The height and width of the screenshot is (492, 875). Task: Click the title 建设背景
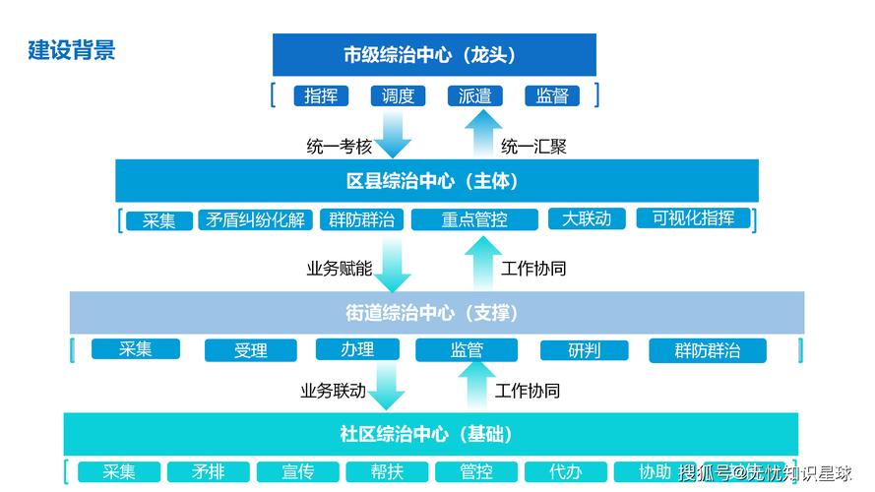pos(72,50)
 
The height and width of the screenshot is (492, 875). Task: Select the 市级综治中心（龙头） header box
pos(434,55)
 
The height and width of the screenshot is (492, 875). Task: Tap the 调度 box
pos(398,95)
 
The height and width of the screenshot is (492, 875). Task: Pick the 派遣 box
pos(475,95)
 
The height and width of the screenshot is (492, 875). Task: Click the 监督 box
pos(551,95)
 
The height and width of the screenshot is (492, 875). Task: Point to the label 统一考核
pos(340,147)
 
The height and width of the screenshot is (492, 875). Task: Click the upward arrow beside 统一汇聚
pos(482,134)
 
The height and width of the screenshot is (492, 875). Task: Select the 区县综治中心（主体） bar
pos(436,181)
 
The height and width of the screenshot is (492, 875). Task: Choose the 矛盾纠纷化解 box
pos(254,219)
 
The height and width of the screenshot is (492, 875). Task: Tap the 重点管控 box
pos(474,219)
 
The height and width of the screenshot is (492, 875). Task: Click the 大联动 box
pos(587,218)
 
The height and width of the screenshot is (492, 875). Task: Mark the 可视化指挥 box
pos(693,217)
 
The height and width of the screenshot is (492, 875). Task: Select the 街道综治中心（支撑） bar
pos(436,313)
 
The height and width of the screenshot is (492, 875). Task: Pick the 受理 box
pos(250,350)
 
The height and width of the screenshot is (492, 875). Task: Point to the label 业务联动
pos(333,391)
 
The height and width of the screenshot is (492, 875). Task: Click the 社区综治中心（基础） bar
pos(430,434)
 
